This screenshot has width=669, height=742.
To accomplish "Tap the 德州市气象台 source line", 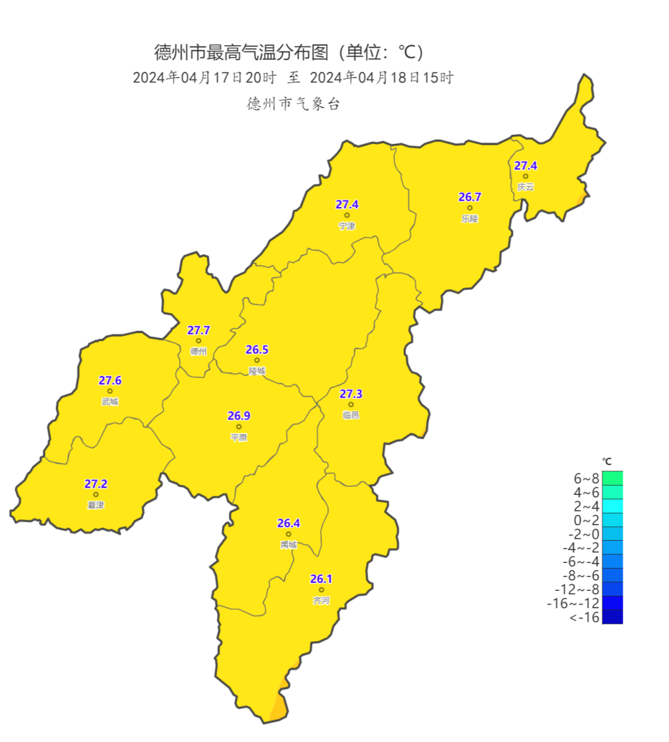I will (x=293, y=103).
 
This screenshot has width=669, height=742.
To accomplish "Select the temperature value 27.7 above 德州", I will (x=199, y=330).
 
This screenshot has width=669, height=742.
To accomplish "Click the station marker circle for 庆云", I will (x=525, y=176).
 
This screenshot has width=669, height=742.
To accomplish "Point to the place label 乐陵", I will (x=470, y=219).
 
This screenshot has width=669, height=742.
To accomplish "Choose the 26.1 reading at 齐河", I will (x=321, y=579).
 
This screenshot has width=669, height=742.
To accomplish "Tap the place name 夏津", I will (x=96, y=505).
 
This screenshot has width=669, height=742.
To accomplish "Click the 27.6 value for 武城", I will (x=110, y=380).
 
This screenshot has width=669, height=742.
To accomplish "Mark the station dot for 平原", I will (x=238, y=427).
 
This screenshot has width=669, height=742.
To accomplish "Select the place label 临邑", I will (x=351, y=415).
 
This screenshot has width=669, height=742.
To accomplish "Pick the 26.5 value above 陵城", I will (x=257, y=350).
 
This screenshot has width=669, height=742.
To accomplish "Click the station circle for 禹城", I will (x=289, y=534).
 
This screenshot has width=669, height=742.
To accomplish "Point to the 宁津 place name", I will (x=347, y=226).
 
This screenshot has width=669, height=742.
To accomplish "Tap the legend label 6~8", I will (x=586, y=479).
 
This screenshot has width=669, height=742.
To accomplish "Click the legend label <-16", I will (x=584, y=618).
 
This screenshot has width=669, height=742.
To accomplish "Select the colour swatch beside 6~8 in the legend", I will (x=612, y=478).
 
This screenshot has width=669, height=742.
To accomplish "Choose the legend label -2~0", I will (x=584, y=534).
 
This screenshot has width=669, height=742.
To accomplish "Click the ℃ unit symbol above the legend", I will (x=607, y=461).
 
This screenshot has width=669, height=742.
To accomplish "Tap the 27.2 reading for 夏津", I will (x=96, y=484).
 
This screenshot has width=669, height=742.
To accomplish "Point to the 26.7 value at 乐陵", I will (x=470, y=197).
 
